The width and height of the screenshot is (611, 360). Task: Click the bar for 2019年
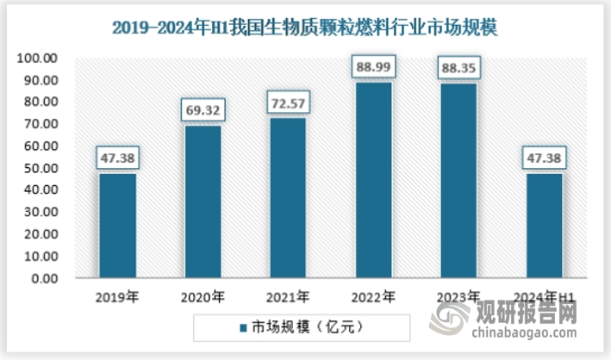coord(117,227)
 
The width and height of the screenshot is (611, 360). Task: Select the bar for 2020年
coord(203,202)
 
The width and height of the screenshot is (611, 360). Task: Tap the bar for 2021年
coord(287,198)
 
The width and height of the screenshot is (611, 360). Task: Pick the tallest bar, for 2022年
coord(372,181)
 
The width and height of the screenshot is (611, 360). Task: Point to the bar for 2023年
coord(458,182)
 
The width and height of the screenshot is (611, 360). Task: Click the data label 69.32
coord(203,111)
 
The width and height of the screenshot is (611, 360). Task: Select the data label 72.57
coord(287,104)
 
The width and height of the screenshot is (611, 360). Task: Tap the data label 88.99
coord(372,67)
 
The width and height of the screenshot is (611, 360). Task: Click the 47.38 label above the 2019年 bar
coord(117,158)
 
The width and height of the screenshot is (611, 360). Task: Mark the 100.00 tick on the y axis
coord(37,58)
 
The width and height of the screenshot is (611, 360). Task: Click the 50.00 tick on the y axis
coord(40,168)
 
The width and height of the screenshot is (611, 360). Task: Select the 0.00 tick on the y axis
coord(42,278)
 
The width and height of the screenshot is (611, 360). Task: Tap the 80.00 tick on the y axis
coord(40,102)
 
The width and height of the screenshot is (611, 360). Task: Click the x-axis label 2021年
coord(287,297)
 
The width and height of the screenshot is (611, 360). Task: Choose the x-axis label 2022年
coord(372,297)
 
